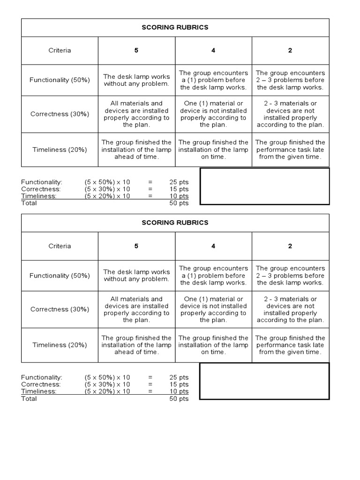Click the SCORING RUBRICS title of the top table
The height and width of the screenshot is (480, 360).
pos(175,27)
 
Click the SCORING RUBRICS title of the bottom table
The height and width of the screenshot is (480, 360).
pos(175,223)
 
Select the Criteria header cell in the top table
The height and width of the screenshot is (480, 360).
pos(60,50)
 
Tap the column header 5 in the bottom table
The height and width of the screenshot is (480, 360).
pos(136,246)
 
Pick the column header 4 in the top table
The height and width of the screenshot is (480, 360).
pos(213,50)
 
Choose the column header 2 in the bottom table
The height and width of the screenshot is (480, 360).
pos(290,246)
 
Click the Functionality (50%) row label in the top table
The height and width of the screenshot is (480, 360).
pos(60,80)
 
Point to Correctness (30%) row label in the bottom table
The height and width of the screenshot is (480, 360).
pos(60,309)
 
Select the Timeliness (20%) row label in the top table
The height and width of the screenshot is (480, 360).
pos(60,150)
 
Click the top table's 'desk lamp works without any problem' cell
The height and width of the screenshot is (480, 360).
pos(136,80)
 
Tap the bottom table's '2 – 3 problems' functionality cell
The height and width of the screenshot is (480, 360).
pos(290,276)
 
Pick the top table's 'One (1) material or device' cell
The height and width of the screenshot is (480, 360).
pos(213,114)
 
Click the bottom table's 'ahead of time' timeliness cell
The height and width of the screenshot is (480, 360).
pos(136,345)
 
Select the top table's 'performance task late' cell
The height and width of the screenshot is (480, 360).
pos(290,150)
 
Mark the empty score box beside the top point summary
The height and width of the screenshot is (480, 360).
pos(265,186)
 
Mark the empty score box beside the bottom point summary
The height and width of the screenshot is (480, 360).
pos(265,381)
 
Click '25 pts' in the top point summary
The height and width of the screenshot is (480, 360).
pos(179,182)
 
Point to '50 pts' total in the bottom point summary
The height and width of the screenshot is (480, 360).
pos(179,398)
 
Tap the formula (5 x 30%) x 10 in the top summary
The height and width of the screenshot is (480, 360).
pos(107,189)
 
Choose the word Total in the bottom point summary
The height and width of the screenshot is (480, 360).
pos(29,398)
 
